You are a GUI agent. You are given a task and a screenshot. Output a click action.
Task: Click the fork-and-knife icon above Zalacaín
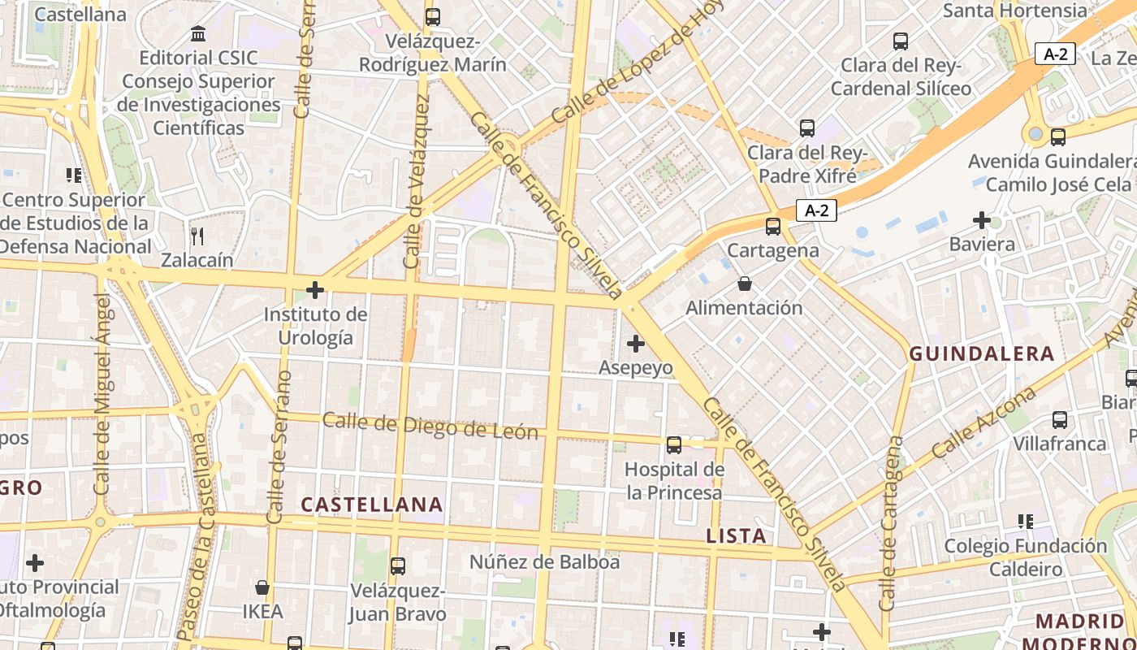coord(197,236)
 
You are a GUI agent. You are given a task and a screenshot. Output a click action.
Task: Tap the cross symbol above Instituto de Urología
coord(315,289)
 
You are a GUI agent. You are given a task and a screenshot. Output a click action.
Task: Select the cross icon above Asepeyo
coord(636,344)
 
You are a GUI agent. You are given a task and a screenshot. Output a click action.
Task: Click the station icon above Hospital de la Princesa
coord(674,444)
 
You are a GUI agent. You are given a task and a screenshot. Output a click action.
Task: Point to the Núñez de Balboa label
coord(544,561)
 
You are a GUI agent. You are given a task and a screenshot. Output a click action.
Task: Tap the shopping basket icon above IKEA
coord(262,587)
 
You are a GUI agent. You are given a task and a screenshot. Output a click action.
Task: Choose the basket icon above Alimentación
coord(744,284)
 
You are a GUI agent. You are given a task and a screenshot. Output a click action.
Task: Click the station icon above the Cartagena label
coord(773,227)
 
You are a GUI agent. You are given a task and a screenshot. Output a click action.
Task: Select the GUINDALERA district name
coord(981,353)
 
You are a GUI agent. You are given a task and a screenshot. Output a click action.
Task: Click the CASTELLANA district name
coord(372,505)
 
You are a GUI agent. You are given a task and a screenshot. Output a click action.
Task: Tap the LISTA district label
coord(736,535)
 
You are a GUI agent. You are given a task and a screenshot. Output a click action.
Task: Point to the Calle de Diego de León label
coord(430,426)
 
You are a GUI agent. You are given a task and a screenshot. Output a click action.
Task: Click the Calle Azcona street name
coord(984,422)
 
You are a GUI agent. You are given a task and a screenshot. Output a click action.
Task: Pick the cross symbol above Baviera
coord(982,220)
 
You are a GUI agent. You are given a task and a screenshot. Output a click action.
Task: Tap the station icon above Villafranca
coord(1060,420)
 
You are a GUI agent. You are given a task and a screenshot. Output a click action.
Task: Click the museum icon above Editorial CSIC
coord(198,34)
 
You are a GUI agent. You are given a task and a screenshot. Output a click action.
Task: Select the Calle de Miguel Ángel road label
coord(102,394)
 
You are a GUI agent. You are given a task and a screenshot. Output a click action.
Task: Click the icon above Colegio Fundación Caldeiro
coord(1026,522)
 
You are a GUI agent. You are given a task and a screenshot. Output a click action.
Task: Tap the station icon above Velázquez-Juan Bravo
coord(398,566)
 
